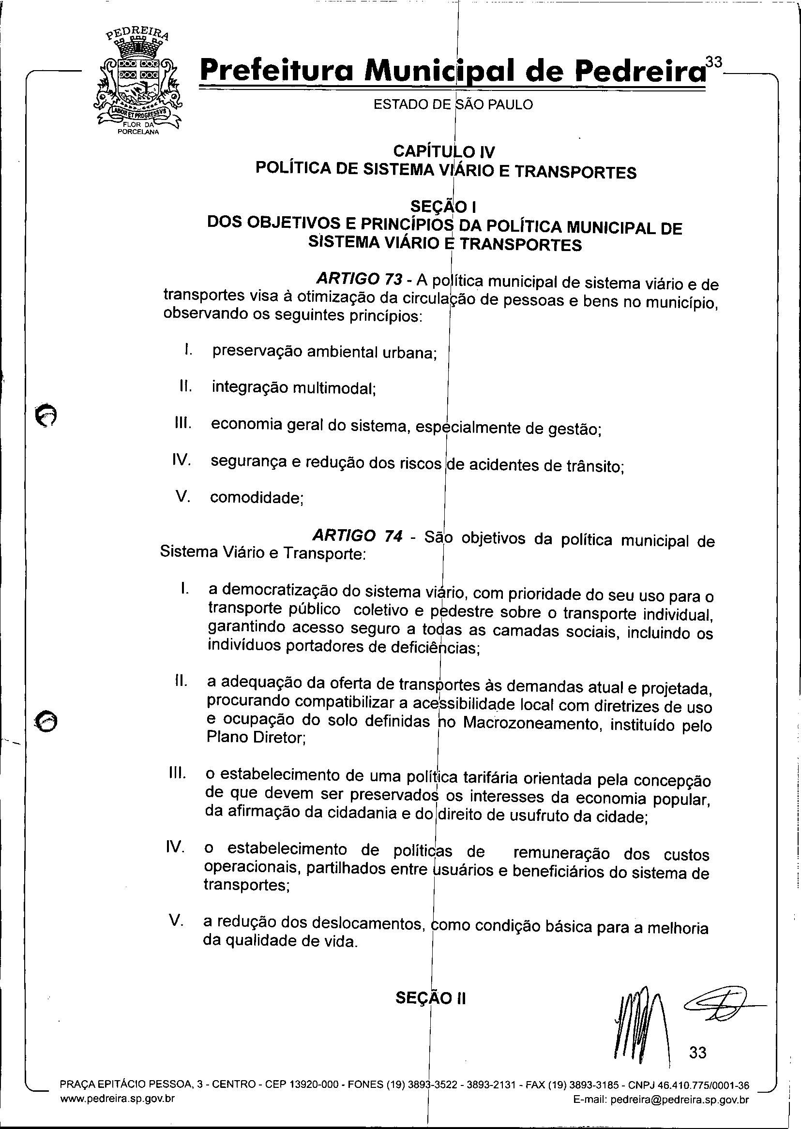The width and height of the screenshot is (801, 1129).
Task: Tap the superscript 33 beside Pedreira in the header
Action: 713,62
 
